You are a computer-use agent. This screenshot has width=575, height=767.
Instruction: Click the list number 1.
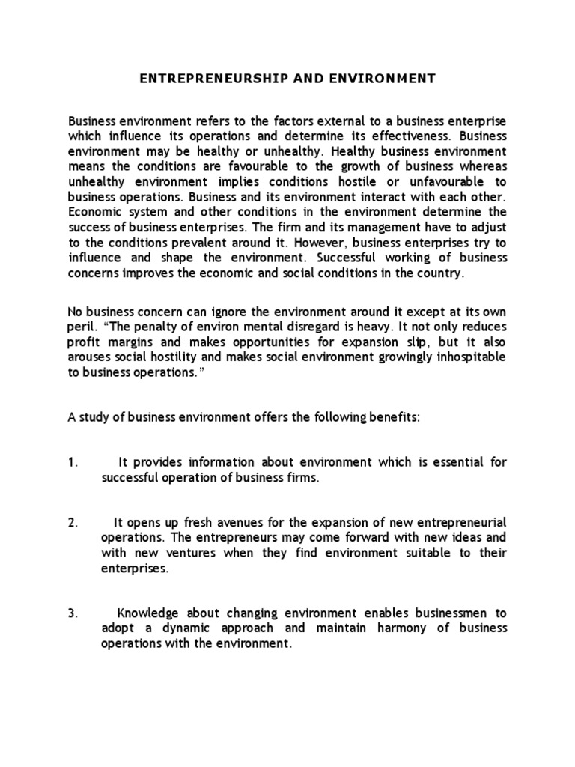coord(73,463)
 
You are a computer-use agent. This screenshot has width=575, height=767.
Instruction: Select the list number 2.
coord(73,523)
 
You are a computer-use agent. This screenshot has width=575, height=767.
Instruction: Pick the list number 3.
coord(73,613)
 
